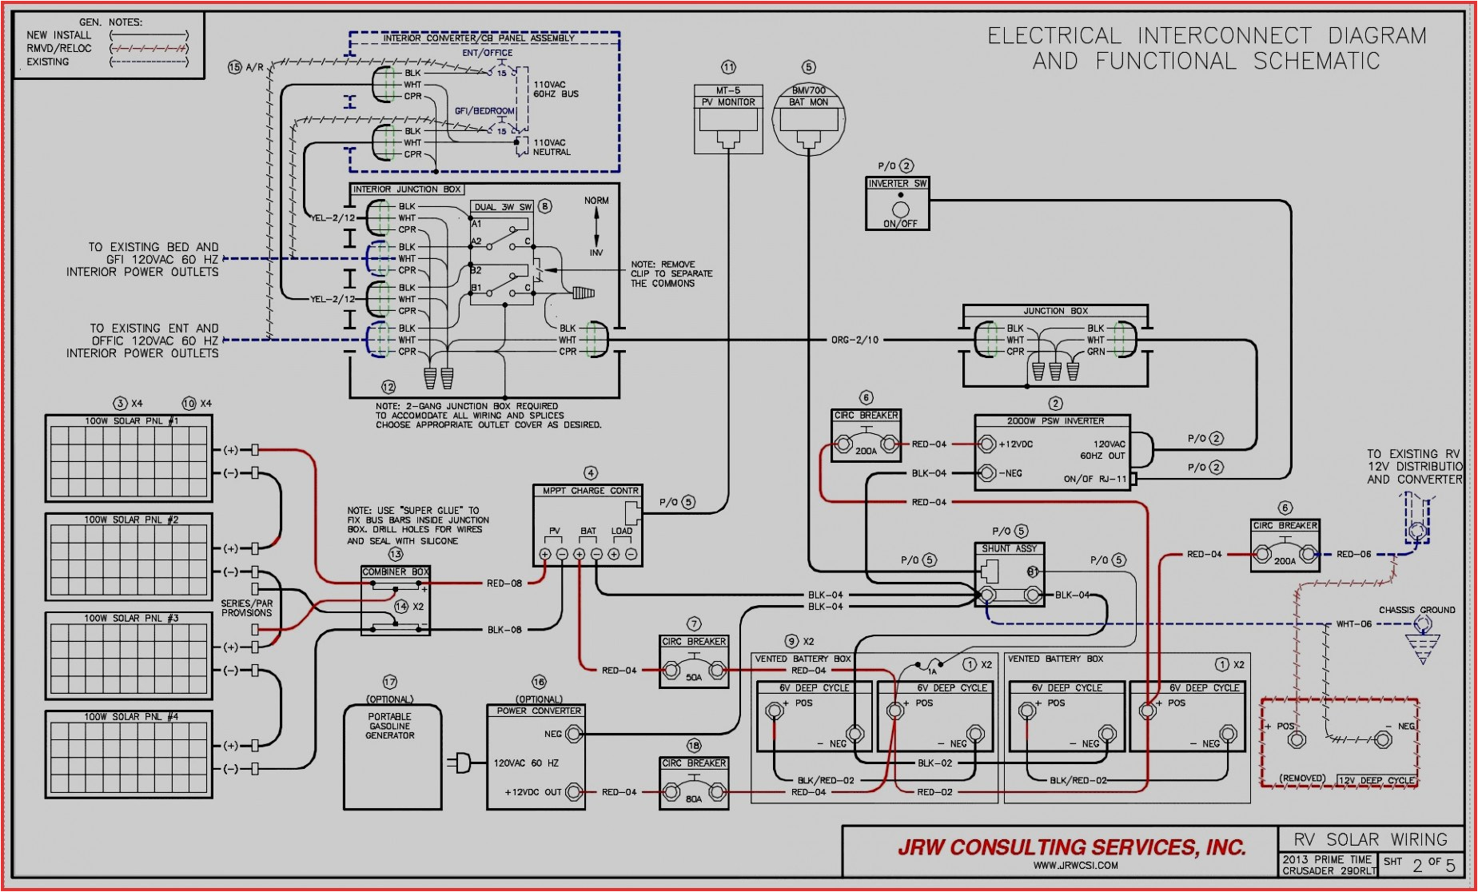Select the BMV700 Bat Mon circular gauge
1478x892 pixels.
pyautogui.click(x=808, y=118)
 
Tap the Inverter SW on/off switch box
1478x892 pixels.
pyautogui.click(x=898, y=204)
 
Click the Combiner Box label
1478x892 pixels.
pyautogui.click(x=396, y=572)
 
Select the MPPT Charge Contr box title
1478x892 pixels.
pyautogui.click(x=590, y=491)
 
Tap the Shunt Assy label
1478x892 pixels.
pyautogui.click(x=1009, y=549)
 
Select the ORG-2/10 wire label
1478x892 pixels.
pyautogui.click(x=855, y=340)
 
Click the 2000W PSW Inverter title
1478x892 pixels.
pyautogui.click(x=1055, y=421)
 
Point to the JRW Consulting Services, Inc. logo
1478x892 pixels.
pyautogui.click(x=1071, y=847)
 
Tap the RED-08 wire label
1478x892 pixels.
pyautogui.click(x=504, y=583)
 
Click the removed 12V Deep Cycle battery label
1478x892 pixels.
pyautogui.click(x=1376, y=780)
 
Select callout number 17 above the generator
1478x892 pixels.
pyautogui.click(x=390, y=682)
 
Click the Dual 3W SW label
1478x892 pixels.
pyautogui.click(x=503, y=207)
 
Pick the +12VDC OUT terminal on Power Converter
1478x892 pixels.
pyautogui.click(x=574, y=792)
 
